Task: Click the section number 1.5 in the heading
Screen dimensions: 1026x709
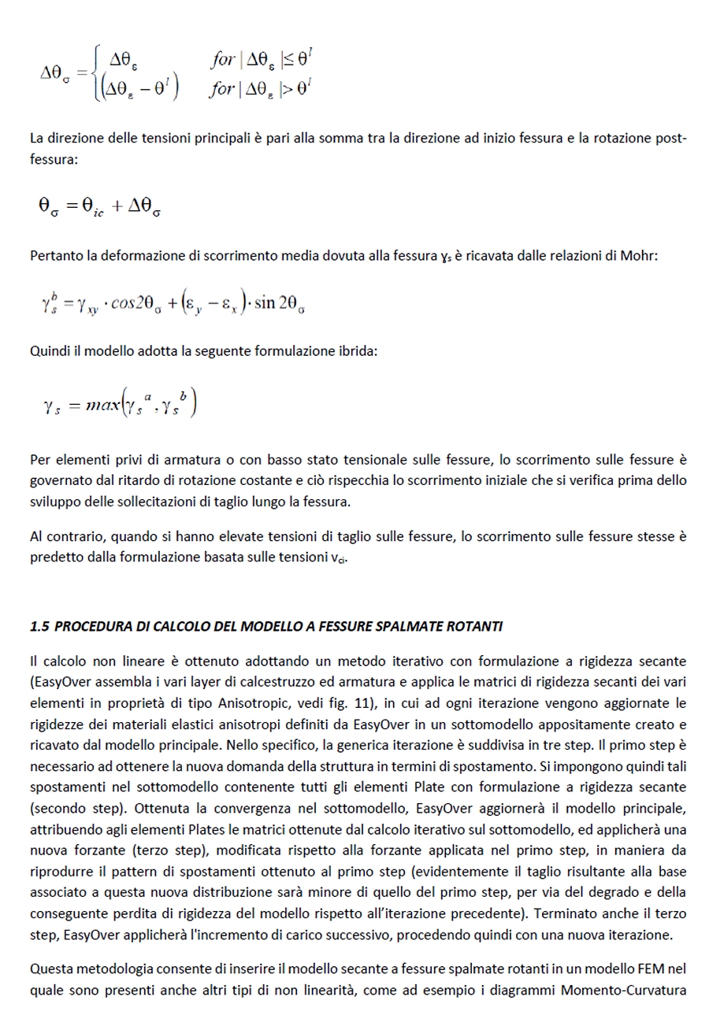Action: pos(39,626)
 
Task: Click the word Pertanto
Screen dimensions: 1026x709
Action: pos(54,255)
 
